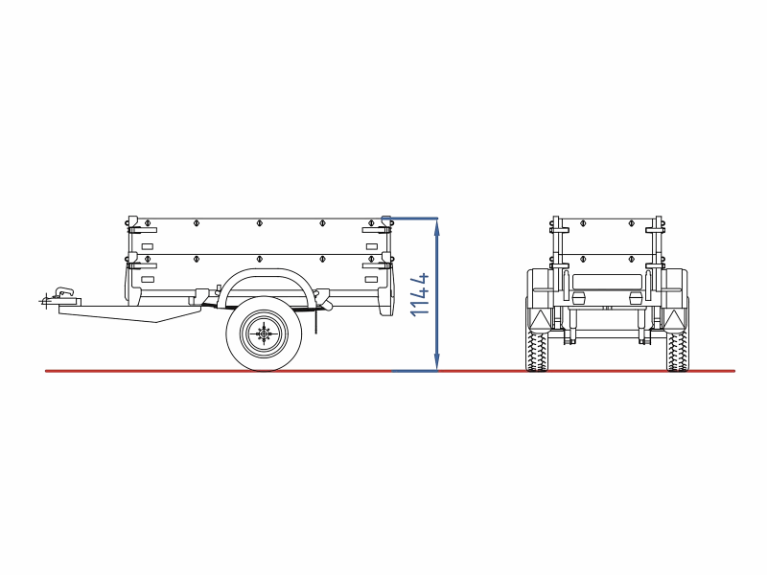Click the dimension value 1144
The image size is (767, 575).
(420, 294)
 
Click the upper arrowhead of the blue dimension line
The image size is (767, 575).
(437, 224)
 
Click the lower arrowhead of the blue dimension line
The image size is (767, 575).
(437, 363)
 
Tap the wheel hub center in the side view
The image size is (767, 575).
(265, 333)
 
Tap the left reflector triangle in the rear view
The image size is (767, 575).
(541, 320)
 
